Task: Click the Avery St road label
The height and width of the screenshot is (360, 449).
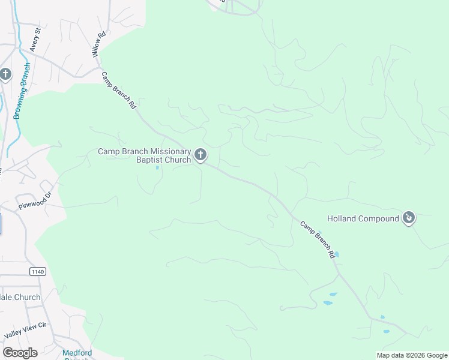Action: pos(34,40)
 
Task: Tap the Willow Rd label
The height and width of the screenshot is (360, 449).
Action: pos(98,44)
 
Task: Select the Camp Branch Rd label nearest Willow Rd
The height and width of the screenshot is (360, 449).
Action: pos(119,91)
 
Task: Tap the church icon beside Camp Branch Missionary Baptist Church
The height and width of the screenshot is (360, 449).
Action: pos(200,155)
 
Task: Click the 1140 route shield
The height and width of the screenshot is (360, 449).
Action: pos(37,272)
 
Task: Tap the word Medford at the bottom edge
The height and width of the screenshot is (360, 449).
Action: pos(76,353)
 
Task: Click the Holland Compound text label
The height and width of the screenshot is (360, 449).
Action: pos(363,218)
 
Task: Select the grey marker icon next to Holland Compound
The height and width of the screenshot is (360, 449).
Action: pos(409,217)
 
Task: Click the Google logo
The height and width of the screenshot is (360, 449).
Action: pos(20,353)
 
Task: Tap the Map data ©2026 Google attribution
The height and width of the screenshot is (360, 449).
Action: pos(411,355)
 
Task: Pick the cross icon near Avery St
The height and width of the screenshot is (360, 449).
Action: pos(5,75)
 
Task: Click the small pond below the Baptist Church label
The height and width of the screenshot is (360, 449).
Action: pos(158,167)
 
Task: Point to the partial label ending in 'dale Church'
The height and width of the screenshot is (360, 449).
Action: pos(20,297)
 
